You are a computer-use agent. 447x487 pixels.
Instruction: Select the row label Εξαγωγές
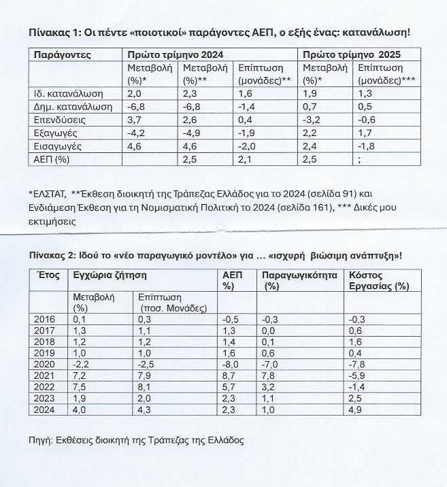point(54,133)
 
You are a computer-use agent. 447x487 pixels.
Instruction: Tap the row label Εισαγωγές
point(55,146)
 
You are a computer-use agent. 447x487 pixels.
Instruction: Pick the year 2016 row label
point(45,319)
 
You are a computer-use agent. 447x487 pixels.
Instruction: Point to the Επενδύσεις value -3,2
point(312,120)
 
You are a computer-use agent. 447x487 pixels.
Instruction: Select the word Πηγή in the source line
point(41,439)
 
